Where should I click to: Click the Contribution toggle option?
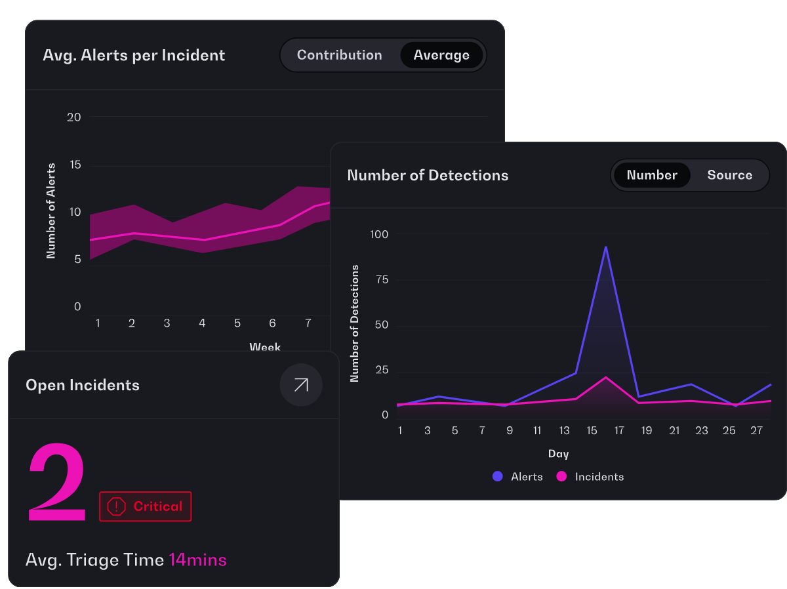click(x=339, y=55)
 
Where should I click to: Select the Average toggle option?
click(x=441, y=55)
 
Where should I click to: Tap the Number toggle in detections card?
click(x=652, y=175)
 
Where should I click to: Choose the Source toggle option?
click(x=730, y=175)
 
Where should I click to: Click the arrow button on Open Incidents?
click(x=301, y=385)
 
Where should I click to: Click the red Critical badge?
click(x=145, y=506)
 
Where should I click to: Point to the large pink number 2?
click(x=57, y=481)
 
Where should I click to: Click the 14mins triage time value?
click(x=197, y=560)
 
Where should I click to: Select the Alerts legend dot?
click(x=497, y=476)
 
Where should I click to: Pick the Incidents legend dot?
click(x=561, y=476)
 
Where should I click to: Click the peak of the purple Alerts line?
click(x=605, y=247)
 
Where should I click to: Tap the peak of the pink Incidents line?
click(x=605, y=378)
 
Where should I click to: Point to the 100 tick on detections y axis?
click(x=379, y=234)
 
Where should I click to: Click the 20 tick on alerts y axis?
click(x=74, y=117)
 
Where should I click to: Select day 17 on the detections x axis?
click(x=619, y=430)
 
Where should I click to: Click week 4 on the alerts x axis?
click(x=202, y=323)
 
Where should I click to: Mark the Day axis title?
click(x=558, y=454)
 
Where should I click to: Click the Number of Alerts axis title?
click(x=51, y=211)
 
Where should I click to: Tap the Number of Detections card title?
click(x=428, y=175)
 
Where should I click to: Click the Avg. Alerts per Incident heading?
click(x=134, y=56)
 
